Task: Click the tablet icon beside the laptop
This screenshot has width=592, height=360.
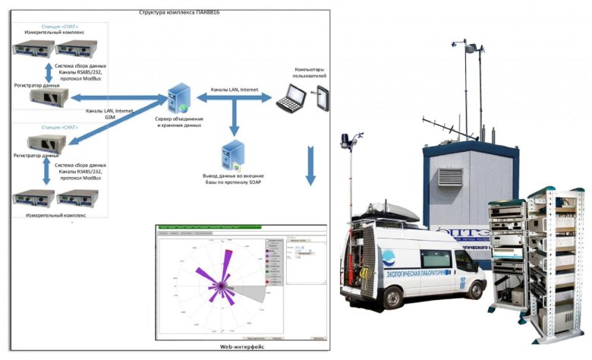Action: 321,97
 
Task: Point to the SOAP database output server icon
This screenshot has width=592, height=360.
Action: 232,156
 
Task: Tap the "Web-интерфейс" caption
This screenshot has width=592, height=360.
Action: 241,346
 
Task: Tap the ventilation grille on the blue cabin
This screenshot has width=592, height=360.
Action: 449,177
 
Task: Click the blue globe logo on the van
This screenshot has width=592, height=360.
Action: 388,257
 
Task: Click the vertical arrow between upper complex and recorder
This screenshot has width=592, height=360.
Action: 48,71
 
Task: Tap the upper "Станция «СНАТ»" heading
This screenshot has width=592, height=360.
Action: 59,27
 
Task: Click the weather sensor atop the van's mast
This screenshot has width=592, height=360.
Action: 347,139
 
